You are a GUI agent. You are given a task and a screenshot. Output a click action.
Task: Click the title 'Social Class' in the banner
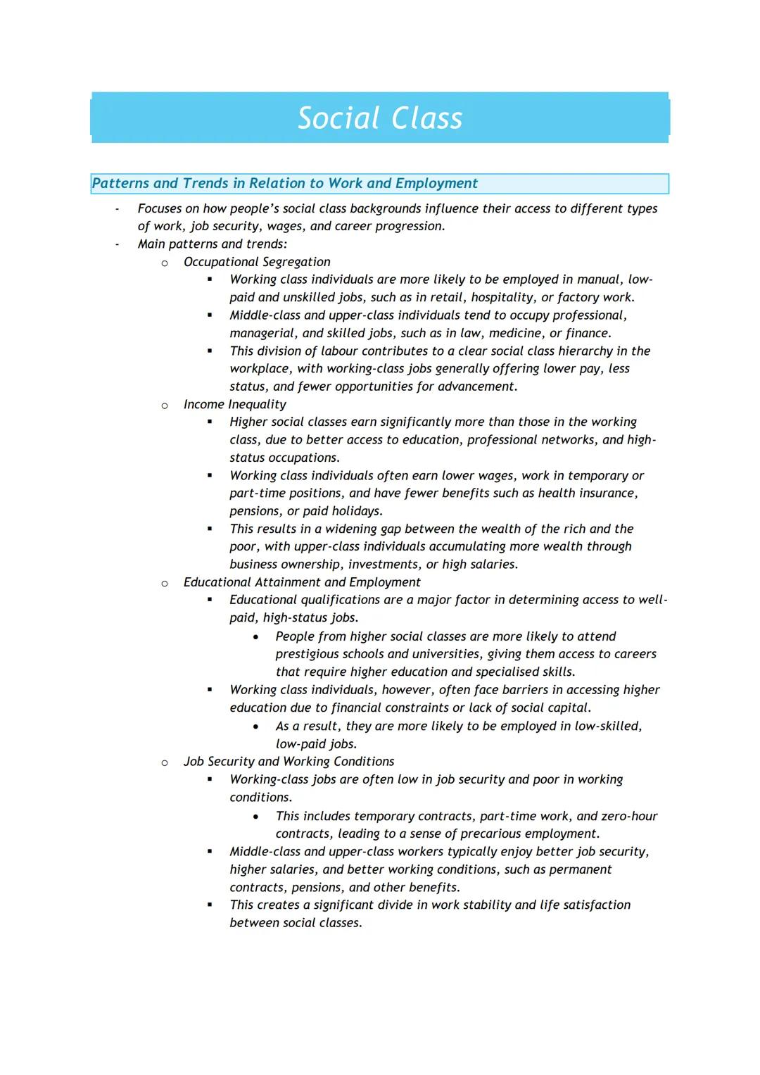(380, 118)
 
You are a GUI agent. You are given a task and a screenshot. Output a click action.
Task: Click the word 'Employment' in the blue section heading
(436, 183)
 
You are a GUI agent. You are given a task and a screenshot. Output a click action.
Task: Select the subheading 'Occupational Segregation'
(256, 262)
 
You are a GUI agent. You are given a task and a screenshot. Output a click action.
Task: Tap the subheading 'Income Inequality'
(234, 404)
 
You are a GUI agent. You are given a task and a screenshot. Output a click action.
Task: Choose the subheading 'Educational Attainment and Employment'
(302, 582)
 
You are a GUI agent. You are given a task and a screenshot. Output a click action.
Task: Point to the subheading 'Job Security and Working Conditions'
(289, 762)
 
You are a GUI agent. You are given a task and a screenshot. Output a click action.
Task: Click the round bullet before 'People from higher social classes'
(255, 637)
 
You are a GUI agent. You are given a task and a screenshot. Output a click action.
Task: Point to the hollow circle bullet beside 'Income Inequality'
(165, 406)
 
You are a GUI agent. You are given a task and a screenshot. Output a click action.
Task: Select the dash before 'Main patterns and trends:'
(118, 244)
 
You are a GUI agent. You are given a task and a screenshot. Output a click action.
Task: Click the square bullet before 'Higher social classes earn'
(210, 422)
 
